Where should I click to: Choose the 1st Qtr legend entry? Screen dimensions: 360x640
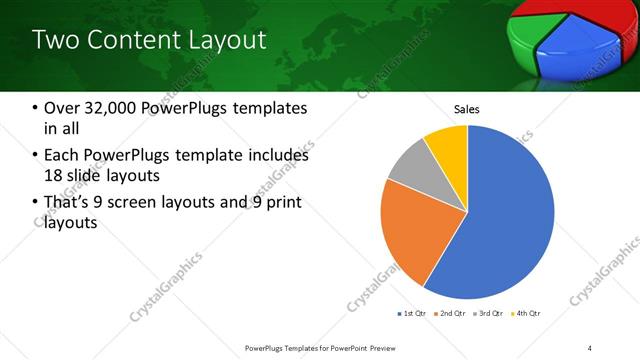(414, 314)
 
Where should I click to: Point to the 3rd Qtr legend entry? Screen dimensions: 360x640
(489, 314)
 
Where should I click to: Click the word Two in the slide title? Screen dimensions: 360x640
(54, 40)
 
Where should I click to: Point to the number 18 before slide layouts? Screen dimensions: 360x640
(56, 176)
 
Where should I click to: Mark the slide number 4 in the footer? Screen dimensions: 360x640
(590, 347)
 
